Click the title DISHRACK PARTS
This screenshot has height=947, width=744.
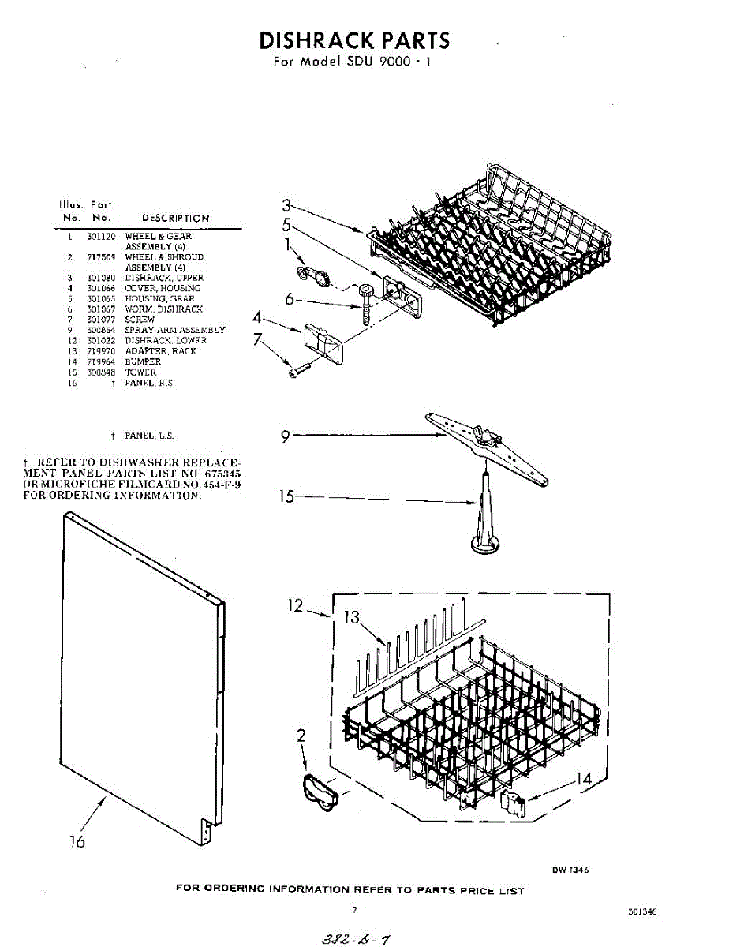(x=354, y=40)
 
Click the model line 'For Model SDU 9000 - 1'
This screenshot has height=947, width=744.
(x=352, y=62)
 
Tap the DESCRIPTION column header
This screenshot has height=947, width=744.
(x=175, y=218)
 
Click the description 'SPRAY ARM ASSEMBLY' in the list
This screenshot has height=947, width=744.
(x=174, y=330)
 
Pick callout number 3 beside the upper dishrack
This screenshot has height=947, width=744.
(x=287, y=206)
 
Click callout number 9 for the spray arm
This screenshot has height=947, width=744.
(x=286, y=435)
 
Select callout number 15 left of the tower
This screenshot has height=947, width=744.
(x=287, y=497)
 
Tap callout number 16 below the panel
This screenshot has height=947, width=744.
(x=77, y=842)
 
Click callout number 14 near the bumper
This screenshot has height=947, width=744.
(x=583, y=779)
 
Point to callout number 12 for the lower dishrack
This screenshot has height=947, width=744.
(x=294, y=606)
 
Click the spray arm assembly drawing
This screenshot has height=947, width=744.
(x=486, y=445)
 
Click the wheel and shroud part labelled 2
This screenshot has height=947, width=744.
(x=318, y=792)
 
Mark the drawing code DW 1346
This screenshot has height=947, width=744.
(x=570, y=870)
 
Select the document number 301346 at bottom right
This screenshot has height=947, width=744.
(x=642, y=911)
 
